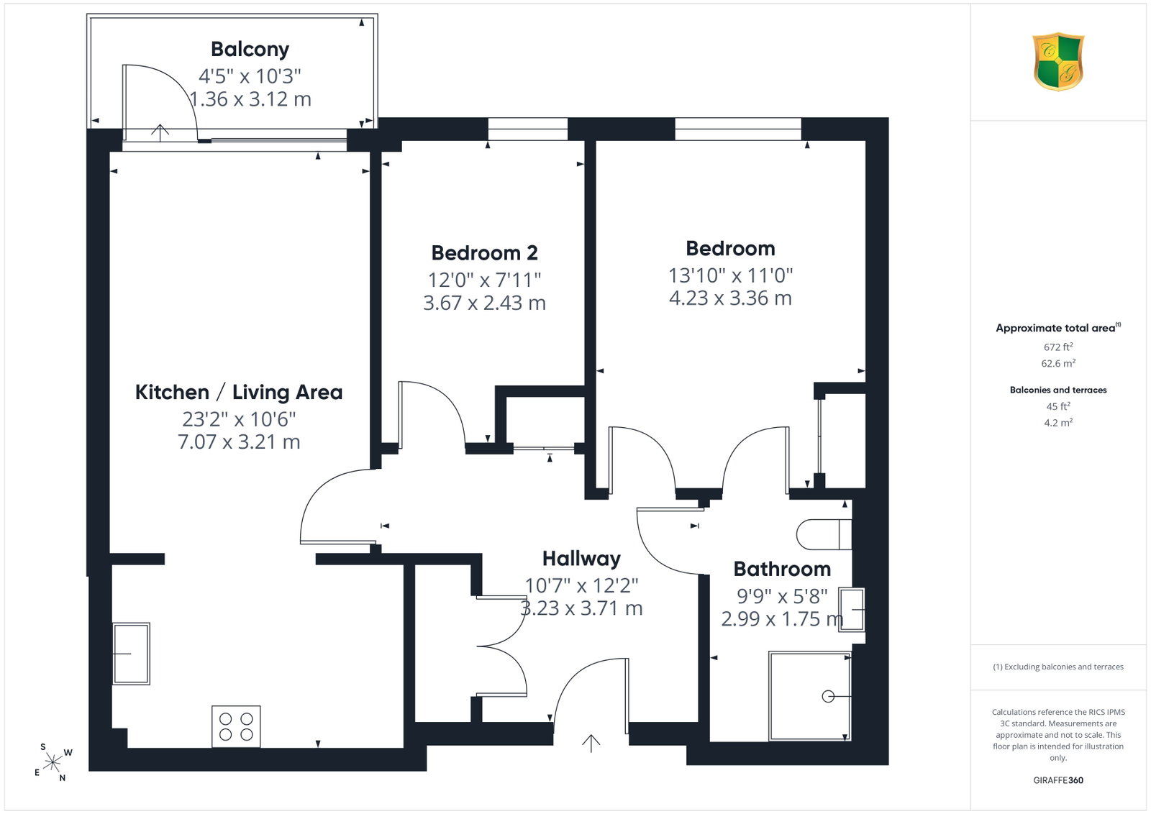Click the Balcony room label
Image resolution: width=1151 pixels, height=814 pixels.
pos(250,50)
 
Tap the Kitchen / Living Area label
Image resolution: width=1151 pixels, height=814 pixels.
pos(238,392)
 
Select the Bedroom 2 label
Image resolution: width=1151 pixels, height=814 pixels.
pos(484,252)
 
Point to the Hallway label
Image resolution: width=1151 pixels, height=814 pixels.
pos(581,559)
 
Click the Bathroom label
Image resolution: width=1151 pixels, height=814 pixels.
pos(781,569)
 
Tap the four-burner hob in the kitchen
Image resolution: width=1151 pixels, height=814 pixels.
pos(236,726)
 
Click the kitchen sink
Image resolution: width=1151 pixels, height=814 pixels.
pos(131,653)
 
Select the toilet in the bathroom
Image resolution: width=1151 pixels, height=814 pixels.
pos(824,534)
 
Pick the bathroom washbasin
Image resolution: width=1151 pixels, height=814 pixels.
pos(852,610)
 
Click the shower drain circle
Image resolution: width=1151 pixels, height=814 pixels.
pos(828,696)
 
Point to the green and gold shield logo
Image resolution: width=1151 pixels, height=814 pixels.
pos(1058,62)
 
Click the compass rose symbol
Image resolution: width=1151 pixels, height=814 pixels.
pos(53,762)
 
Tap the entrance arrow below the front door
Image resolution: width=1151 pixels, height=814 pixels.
pos(591,743)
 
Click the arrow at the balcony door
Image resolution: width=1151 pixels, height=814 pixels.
pos(160,132)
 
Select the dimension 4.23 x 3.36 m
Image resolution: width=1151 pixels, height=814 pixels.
pos(730,298)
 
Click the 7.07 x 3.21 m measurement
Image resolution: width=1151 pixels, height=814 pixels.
pos(238,442)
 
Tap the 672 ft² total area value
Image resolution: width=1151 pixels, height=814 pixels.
pos(1058,347)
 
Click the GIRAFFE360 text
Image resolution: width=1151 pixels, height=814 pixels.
pos(1058,780)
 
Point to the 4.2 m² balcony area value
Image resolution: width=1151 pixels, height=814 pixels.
pos(1058,423)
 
